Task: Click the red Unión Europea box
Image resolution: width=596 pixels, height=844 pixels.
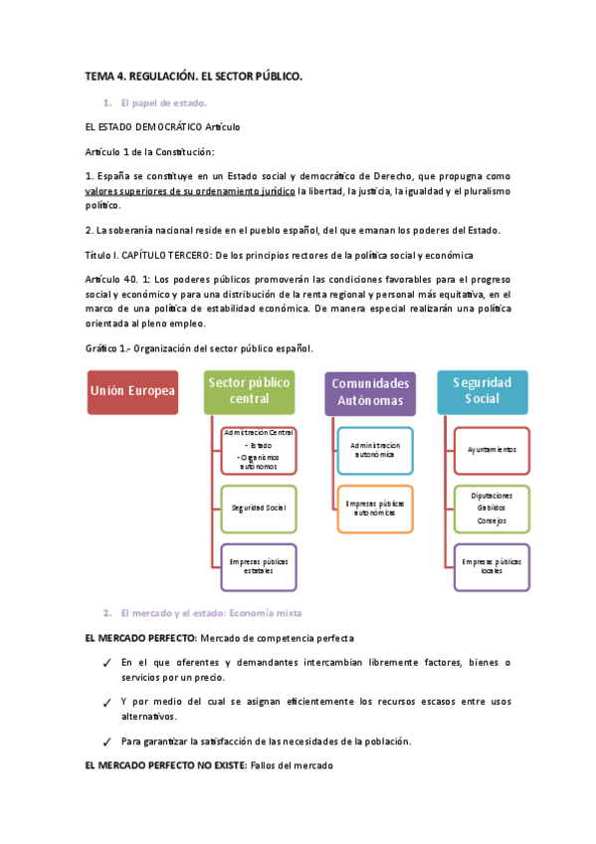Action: coord(132,391)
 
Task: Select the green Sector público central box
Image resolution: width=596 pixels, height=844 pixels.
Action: coord(250,391)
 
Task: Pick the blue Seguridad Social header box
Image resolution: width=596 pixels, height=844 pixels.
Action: coord(483,391)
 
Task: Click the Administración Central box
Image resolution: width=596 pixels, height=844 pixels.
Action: coord(259,449)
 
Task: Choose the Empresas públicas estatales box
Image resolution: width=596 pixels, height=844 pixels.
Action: coord(259,566)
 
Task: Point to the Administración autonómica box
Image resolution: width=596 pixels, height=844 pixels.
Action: coord(374,449)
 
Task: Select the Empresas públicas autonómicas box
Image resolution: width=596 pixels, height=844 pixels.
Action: coord(374,508)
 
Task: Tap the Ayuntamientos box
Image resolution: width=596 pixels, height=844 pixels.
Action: coord(492,449)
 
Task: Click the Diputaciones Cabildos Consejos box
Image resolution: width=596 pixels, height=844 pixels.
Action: coord(492,508)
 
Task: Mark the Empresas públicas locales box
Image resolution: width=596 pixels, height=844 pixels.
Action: coord(492,566)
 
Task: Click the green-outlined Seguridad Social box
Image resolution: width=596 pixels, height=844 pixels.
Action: coord(259,508)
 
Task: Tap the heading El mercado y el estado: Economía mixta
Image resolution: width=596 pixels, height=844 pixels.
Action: coord(210,612)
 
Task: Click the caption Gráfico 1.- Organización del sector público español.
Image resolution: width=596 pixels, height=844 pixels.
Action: coord(200,348)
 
